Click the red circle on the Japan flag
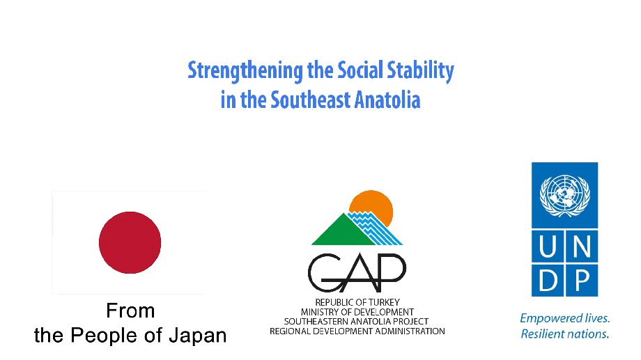pyautogui.click(x=130, y=242)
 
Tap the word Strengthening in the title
pyautogui.click(x=245, y=71)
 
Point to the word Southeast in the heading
pyautogui.click(x=311, y=100)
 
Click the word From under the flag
pyautogui.click(x=130, y=311)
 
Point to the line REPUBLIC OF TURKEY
pyautogui.click(x=357, y=302)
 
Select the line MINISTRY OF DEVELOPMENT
pyautogui.click(x=357, y=312)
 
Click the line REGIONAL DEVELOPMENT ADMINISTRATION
pyautogui.click(x=357, y=331)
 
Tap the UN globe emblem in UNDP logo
pyautogui.click(x=564, y=196)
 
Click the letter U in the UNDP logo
pyautogui.click(x=548, y=246)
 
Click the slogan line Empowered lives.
pyautogui.click(x=564, y=318)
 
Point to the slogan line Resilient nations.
pyautogui.click(x=564, y=334)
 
